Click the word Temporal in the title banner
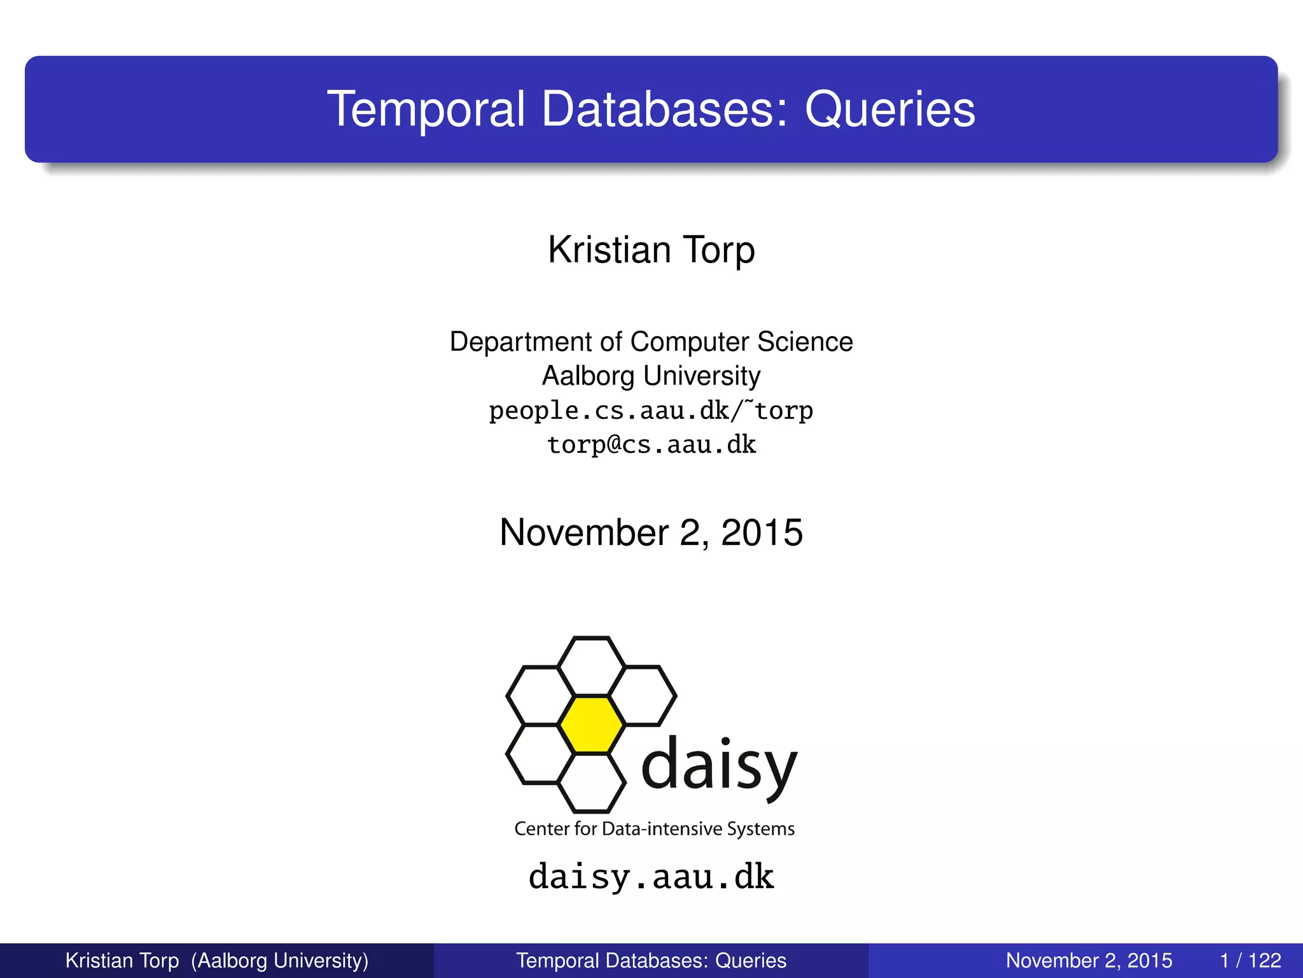point(426,110)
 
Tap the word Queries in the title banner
point(889,110)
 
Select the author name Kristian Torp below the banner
point(651,250)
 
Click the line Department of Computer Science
point(651,342)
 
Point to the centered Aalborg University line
point(651,376)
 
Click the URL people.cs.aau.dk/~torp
point(651,411)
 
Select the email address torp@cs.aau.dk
point(651,444)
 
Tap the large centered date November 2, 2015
point(651,532)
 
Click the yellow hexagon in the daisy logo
point(591,725)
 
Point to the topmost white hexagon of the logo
point(591,666)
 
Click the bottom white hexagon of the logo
point(591,783)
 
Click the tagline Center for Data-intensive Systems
point(654,828)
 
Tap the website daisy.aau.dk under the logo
point(651,877)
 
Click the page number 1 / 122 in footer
point(1250,960)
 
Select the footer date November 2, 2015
point(1089,960)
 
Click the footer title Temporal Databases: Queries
point(651,960)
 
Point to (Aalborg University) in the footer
point(280,960)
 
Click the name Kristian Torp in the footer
point(122,960)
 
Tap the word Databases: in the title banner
point(665,110)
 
